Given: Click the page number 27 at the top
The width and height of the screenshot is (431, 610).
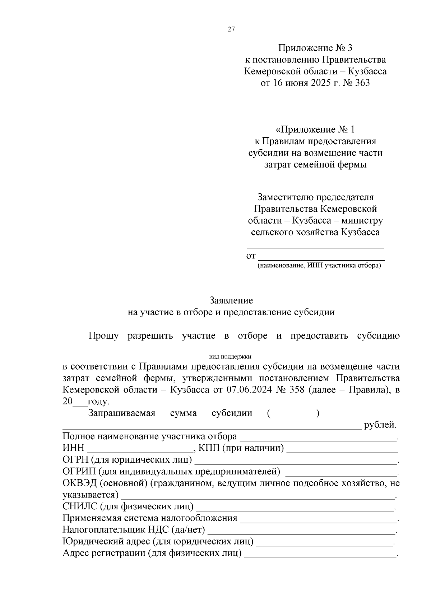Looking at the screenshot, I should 231,30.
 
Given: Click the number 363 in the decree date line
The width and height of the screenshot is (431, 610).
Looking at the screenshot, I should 361,83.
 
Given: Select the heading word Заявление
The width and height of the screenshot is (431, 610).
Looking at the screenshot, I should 231,300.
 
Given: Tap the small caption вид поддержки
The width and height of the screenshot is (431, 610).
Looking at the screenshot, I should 230,357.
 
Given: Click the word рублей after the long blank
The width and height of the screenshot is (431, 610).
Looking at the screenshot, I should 380,425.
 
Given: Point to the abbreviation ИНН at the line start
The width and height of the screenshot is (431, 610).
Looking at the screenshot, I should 73,448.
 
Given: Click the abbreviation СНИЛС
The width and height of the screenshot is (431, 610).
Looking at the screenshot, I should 80,506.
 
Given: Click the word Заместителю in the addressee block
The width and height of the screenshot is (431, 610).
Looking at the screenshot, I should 286,197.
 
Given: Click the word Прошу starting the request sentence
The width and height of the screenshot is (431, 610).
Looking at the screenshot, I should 103,336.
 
